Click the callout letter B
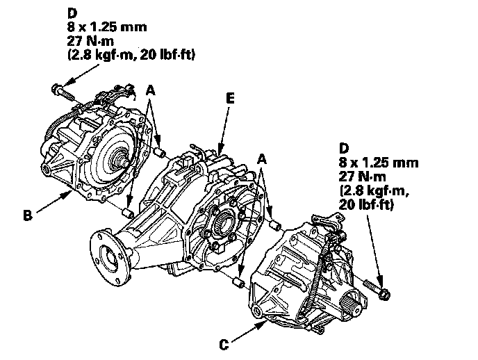pos(27,216)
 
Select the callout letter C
pos(224,343)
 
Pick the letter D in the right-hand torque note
pos(343,148)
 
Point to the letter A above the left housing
pos(150,91)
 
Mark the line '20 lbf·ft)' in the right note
pos(366,205)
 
